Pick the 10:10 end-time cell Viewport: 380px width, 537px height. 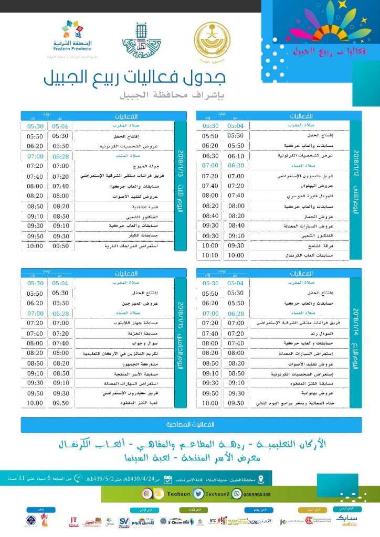tap(209, 255)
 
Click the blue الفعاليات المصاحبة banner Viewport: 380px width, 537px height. tap(190, 424)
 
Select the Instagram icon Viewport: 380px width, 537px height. tap(145, 494)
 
